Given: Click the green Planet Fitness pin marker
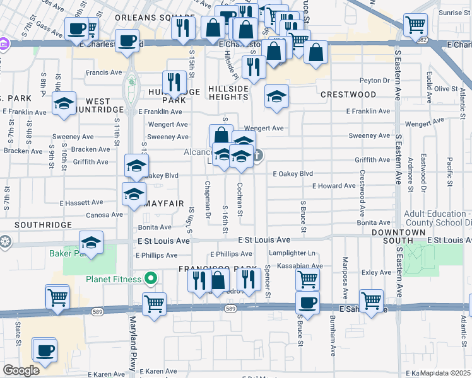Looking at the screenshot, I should pos(151,278).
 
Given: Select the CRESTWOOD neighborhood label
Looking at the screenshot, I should pos(348,94).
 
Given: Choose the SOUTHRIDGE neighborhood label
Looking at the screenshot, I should pos(38,224).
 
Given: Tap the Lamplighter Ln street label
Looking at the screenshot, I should pos(292,253).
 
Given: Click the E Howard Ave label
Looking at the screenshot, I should pos(334,186).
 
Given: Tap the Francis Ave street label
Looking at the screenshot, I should pos(104,72).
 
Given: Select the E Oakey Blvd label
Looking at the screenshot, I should pos(293,173).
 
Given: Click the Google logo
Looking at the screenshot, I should pos(21,370).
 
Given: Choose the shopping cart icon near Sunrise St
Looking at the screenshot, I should pos(415,25).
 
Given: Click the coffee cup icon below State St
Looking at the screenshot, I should pos(44,350).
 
